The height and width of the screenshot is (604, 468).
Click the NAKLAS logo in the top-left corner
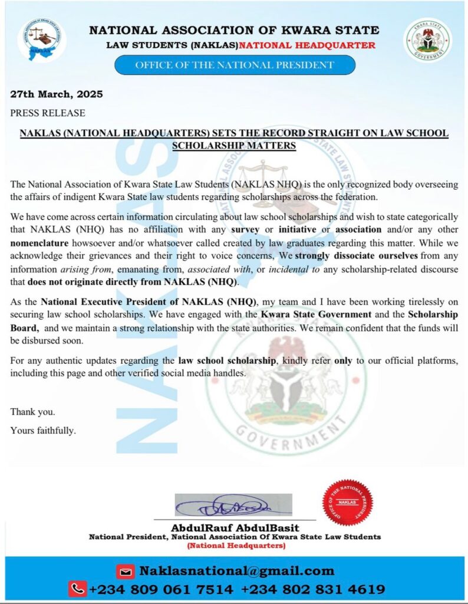(42, 40)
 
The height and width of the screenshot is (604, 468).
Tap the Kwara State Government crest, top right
(427, 40)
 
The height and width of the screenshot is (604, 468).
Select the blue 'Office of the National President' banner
(235, 65)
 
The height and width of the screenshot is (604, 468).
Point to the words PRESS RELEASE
(48, 113)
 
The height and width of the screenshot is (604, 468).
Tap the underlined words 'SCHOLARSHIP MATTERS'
(234, 145)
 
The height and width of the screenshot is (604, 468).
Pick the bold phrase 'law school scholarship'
(227, 359)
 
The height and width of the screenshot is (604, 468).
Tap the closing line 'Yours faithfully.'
(43, 430)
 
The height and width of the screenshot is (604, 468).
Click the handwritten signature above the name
(233, 505)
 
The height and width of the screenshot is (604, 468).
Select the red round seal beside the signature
(347, 502)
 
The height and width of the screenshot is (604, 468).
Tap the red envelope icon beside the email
(125, 571)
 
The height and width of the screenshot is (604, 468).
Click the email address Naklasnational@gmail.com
(236, 571)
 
